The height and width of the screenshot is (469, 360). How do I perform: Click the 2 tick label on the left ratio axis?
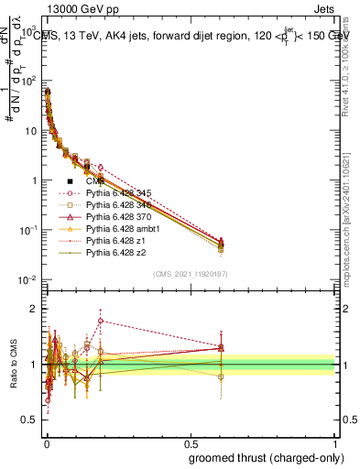[x=32, y=309]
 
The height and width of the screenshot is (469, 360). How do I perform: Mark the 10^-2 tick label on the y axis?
[x=26, y=279]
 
